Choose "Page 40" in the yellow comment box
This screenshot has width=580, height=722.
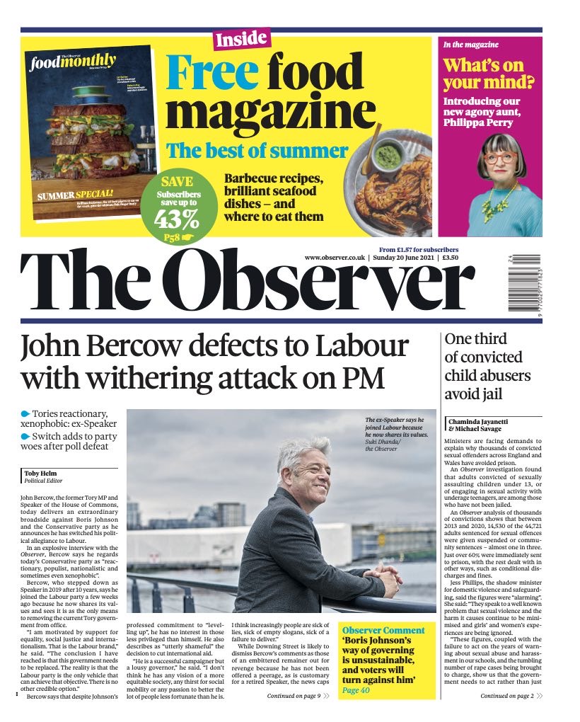(x=356, y=690)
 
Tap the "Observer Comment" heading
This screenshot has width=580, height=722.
(x=383, y=630)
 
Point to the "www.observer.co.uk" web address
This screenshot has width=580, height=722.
(x=335, y=258)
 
